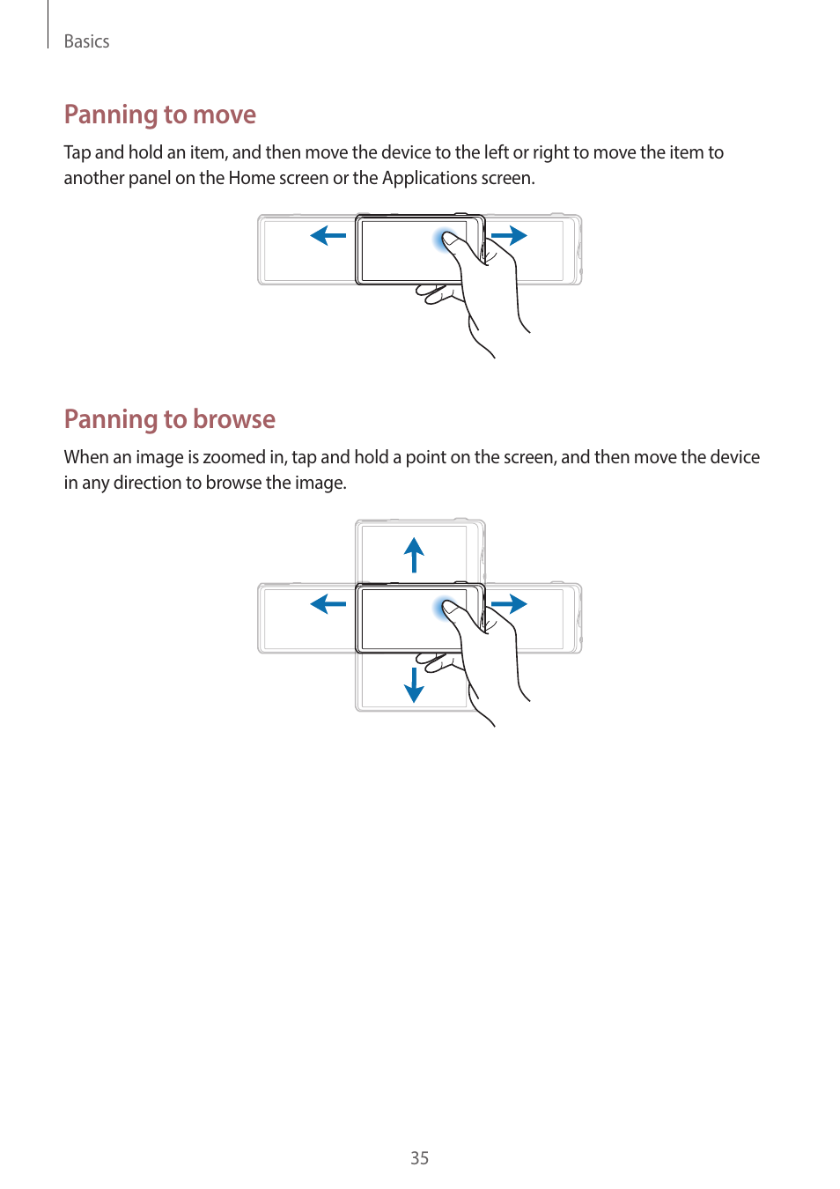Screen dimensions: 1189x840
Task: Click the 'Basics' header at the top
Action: [x=86, y=41]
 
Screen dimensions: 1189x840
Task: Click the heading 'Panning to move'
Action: [x=159, y=114]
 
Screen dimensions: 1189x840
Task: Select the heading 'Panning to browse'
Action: [x=169, y=419]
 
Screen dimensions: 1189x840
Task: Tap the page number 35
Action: [x=419, y=1158]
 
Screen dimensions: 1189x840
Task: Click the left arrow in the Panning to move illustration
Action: [x=328, y=235]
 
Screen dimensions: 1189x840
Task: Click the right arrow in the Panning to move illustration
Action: [x=509, y=235]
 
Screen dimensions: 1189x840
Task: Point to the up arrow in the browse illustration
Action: [x=414, y=555]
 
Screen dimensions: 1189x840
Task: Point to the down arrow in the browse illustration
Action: [x=414, y=684]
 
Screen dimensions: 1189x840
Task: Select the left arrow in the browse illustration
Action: [x=328, y=603]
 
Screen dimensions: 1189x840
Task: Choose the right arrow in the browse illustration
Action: [x=509, y=603]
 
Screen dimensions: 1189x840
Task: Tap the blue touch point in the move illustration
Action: [x=446, y=239]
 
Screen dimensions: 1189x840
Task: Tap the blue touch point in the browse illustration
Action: [x=446, y=607]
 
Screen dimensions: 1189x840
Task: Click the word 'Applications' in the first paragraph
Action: [x=429, y=178]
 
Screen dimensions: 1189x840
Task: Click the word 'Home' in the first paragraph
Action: [x=251, y=178]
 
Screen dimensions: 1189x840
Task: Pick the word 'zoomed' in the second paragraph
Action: [x=233, y=457]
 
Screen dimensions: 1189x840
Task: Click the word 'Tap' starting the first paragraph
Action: [x=77, y=152]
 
